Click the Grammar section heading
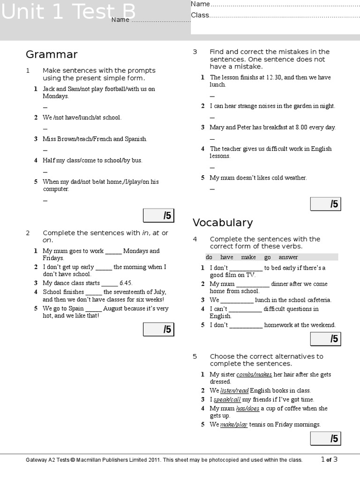(52, 55)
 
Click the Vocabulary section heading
(223, 223)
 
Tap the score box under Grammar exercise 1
(158, 216)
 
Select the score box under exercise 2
(158, 330)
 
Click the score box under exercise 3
(325, 204)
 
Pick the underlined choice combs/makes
(254, 375)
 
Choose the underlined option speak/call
(227, 399)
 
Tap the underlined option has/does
(247, 408)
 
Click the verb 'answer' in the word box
(288, 257)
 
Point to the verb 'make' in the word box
(248, 257)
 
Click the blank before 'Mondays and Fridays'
(113, 251)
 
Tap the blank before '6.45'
(110, 283)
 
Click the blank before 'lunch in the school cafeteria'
(237, 300)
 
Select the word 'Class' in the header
(200, 15)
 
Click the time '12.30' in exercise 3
(274, 77)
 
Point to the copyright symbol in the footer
(73, 460)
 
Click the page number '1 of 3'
(329, 459)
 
